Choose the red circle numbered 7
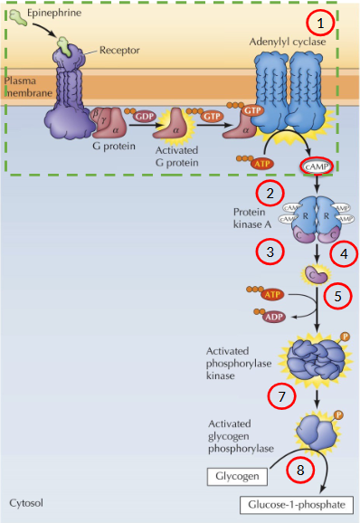click(280, 396)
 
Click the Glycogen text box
click(236, 475)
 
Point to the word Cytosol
click(25, 500)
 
